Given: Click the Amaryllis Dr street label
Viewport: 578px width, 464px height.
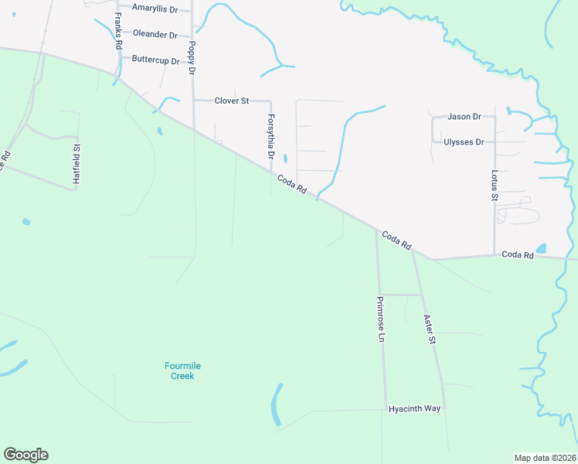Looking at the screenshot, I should tap(155, 8).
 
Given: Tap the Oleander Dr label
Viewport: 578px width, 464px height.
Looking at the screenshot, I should tap(155, 34).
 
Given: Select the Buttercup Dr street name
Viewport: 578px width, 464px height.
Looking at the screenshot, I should tap(155, 60).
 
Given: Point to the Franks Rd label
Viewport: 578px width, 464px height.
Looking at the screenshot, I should tap(118, 31).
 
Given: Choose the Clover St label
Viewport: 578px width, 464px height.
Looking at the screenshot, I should tap(232, 101).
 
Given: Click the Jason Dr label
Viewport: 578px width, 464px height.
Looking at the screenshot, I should tap(464, 117).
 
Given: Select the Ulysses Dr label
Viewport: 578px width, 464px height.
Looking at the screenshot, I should tap(464, 142).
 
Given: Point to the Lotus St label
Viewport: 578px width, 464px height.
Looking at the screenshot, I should tap(495, 186).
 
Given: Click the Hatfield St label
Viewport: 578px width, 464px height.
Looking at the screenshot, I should tap(76, 163).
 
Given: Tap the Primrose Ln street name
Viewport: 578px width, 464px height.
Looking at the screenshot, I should tap(380, 319).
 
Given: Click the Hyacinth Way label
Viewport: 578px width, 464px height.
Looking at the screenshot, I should tap(414, 408).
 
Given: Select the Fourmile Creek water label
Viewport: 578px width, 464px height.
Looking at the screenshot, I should tap(182, 371).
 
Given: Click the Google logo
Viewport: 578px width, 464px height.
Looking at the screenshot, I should tap(25, 455).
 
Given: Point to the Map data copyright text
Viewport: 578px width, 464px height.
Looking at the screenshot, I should tap(544, 457).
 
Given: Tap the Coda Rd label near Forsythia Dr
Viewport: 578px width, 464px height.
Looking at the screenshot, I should tap(293, 185).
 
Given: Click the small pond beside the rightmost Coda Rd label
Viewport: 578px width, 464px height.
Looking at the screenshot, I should tap(541, 249).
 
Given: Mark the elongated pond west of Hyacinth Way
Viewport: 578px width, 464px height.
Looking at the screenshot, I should tap(276, 404).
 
